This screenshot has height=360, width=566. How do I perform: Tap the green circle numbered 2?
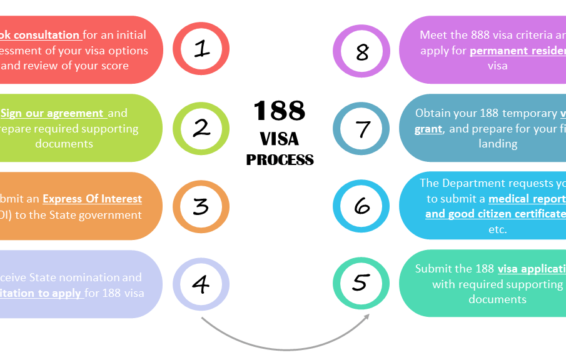[201, 128]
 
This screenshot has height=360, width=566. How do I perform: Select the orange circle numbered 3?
[201, 206]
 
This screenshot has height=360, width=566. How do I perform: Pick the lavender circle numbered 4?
[201, 284]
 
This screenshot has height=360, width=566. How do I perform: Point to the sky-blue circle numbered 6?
[361, 206]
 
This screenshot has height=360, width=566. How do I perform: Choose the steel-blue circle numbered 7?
[361, 129]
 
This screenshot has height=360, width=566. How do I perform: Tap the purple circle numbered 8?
[361, 51]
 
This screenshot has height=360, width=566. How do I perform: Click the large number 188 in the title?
[280, 111]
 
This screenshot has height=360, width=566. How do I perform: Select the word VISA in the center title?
[280, 137]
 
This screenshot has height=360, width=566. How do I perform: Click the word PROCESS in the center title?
[280, 160]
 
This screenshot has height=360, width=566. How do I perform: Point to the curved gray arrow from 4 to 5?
[285, 343]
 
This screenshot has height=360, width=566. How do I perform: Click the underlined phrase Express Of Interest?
[92, 199]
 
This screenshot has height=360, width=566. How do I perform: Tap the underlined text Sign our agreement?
[53, 113]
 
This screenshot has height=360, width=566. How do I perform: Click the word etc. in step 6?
[498, 229]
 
